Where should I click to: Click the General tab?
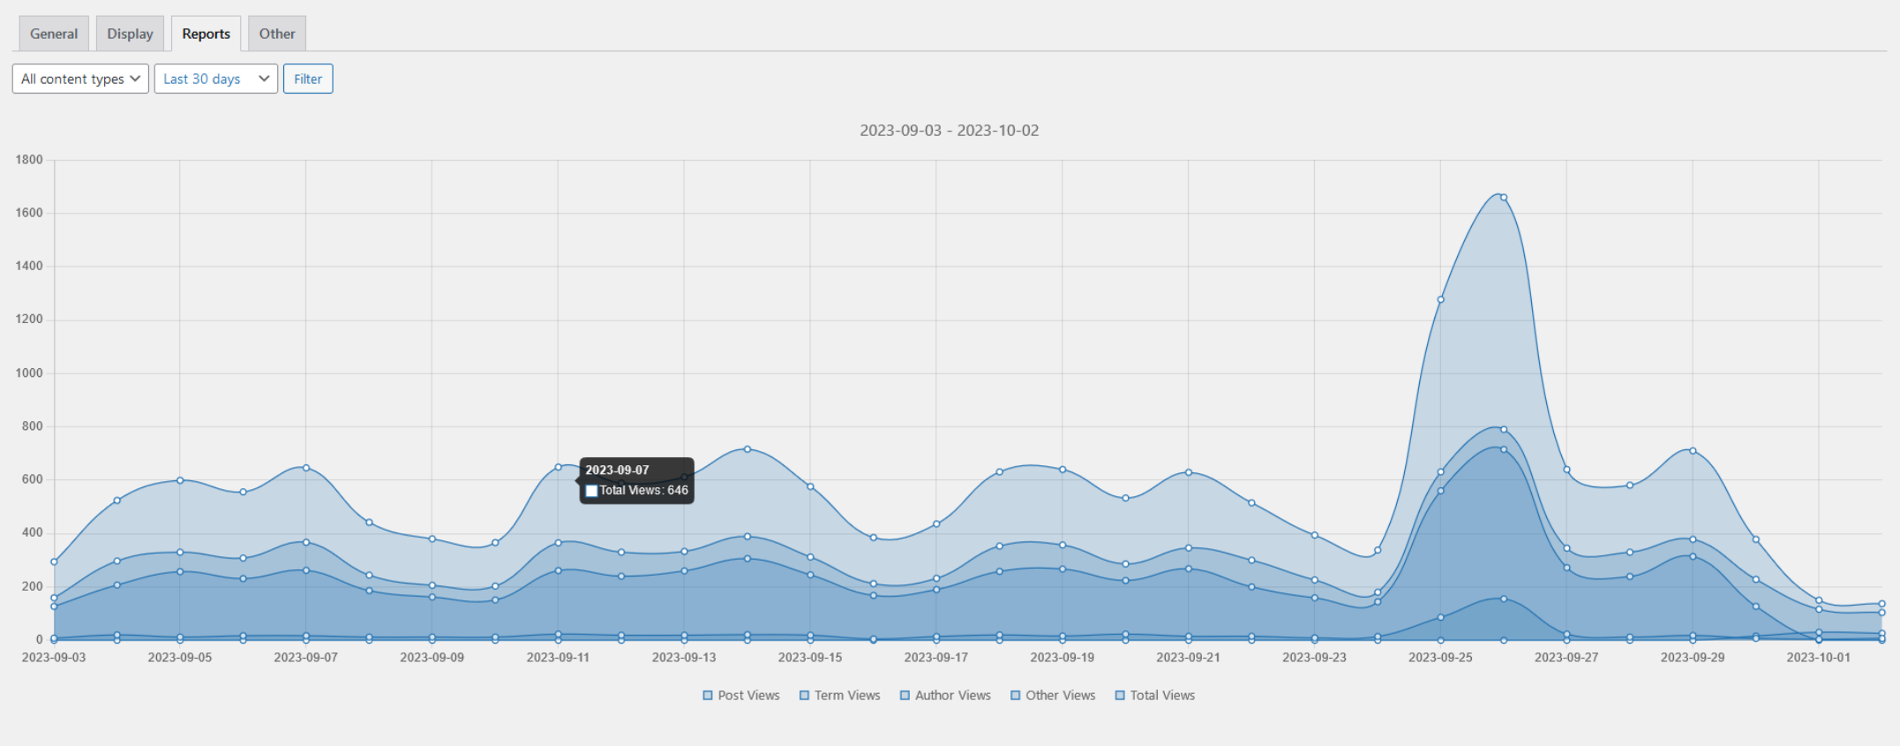point(54,34)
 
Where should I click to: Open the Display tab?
point(130,34)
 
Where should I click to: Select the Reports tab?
point(206,34)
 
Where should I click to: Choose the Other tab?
point(277,34)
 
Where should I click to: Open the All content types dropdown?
point(80,79)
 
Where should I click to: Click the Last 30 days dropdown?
point(215,79)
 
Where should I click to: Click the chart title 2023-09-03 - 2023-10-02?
point(949,131)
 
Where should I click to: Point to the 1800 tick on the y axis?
point(29,160)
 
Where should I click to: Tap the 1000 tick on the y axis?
point(29,373)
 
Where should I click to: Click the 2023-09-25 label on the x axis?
point(1440,658)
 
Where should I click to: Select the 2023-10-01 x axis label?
point(1818,658)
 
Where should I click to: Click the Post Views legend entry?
point(741,696)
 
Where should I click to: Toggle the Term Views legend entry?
point(840,696)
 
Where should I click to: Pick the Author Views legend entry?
point(945,696)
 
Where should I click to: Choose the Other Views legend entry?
point(1053,696)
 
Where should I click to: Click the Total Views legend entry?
point(1155,696)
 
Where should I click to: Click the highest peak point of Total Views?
point(1504,197)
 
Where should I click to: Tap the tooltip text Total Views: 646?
point(643,491)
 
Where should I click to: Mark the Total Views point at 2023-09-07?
point(306,467)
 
